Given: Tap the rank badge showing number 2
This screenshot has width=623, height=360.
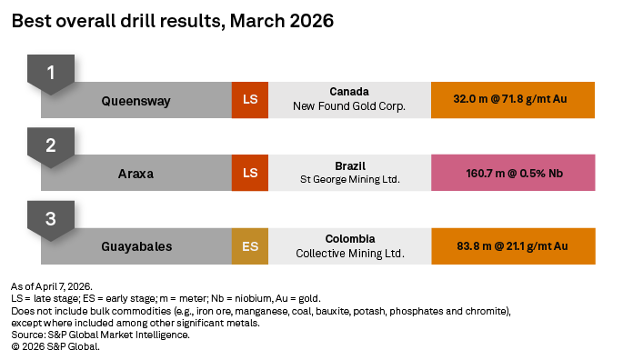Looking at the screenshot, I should click(x=51, y=145).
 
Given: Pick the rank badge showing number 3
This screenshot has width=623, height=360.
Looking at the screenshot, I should click(x=51, y=218).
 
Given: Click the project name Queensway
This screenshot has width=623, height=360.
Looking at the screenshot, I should click(x=136, y=100).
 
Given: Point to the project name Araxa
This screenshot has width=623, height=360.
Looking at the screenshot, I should click(x=136, y=173).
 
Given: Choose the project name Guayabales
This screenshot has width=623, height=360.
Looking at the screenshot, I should click(x=136, y=245).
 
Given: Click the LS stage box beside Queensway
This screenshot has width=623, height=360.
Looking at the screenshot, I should click(x=250, y=100).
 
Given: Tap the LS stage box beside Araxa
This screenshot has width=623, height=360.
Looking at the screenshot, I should click(x=250, y=173).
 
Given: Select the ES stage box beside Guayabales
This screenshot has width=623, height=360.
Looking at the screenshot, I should click(x=250, y=245).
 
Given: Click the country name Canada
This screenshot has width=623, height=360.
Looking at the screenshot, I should click(x=349, y=93).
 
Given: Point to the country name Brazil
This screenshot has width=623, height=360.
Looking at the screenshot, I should click(x=349, y=165).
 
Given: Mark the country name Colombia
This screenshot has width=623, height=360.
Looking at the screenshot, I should click(x=349, y=238).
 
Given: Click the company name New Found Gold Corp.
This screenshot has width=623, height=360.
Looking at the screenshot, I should click(x=349, y=107).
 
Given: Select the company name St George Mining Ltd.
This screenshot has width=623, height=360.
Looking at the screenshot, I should click(x=349, y=180).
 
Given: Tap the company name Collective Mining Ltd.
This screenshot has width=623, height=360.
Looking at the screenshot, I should click(x=349, y=253).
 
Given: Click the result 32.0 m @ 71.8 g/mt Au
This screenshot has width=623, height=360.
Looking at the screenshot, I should click(x=513, y=100).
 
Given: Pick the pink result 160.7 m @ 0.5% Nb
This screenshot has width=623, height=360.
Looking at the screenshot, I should click(x=513, y=173).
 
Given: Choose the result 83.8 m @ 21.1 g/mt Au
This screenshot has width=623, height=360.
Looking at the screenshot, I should click(x=513, y=245).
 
